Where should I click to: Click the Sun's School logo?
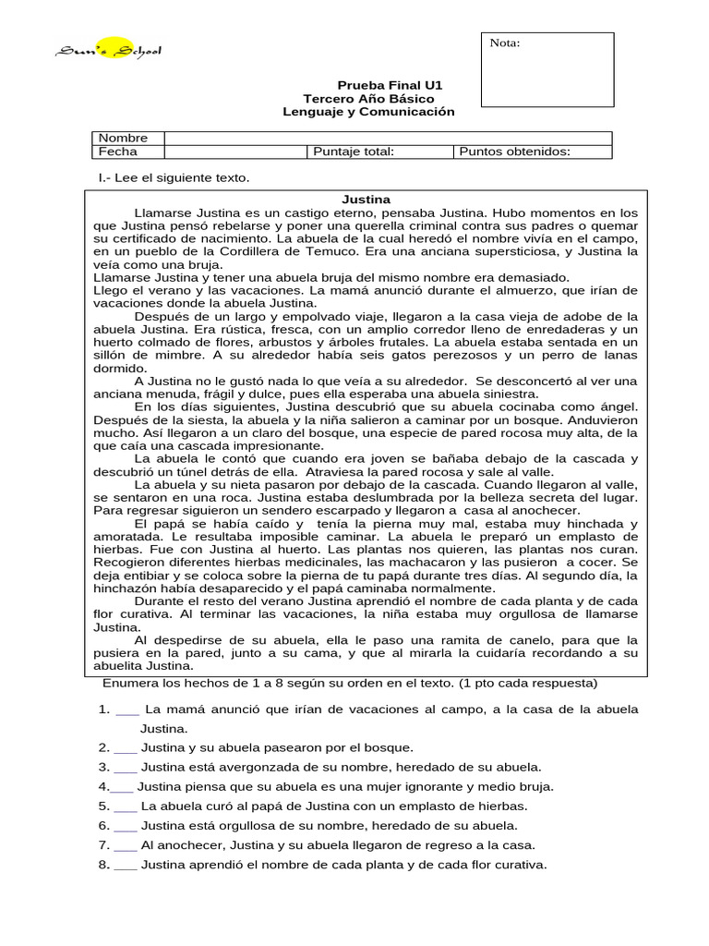107,51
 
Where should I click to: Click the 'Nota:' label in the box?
504,43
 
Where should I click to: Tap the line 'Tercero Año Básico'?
368,99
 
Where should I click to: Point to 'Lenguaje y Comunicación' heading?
368,112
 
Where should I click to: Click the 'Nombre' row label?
123,138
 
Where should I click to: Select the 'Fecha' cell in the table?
117,152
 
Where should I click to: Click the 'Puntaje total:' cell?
354,152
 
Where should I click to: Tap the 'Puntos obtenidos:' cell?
514,152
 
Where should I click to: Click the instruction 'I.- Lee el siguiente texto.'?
174,177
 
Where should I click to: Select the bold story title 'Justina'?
367,199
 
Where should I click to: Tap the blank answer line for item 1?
127,709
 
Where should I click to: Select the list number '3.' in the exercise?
104,767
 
